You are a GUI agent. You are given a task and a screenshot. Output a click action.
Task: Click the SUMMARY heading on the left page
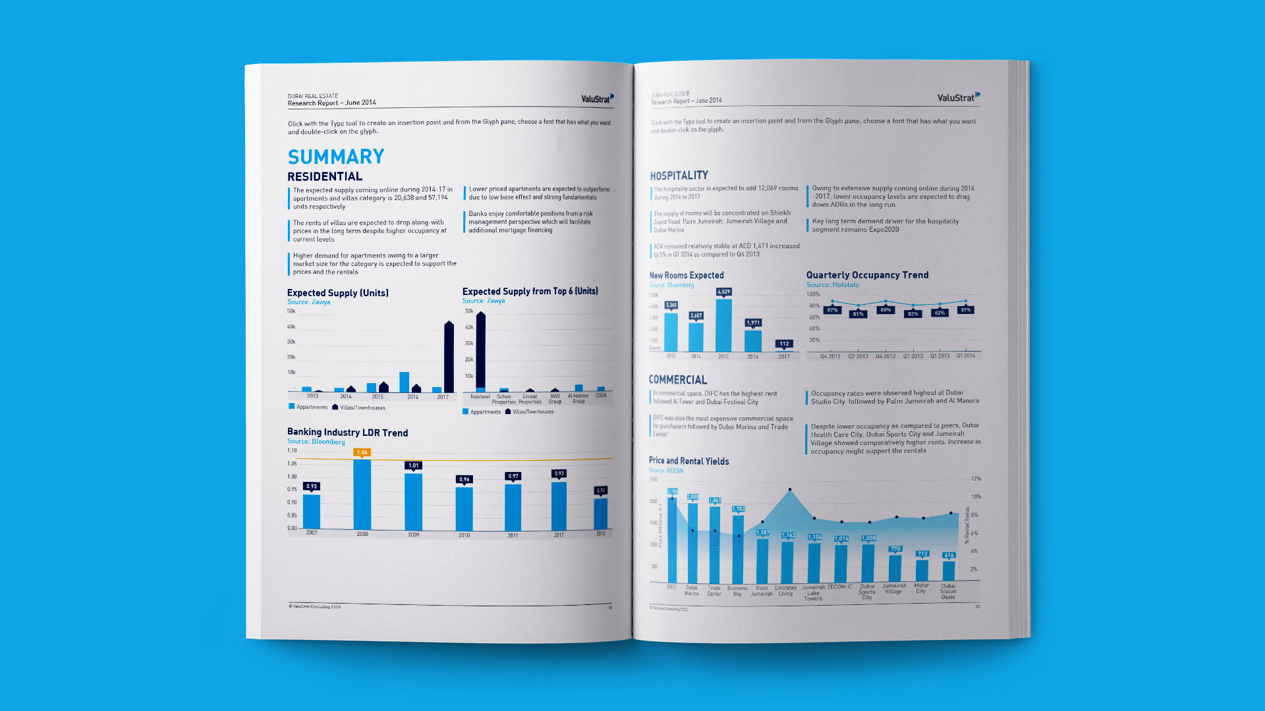click(336, 157)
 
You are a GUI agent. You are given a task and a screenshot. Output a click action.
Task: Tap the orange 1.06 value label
click(362, 452)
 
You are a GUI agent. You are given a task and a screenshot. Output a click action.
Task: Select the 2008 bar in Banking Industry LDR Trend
click(362, 494)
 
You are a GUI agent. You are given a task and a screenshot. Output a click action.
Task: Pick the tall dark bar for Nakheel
click(480, 352)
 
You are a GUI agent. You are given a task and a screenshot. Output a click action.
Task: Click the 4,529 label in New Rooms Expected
click(723, 292)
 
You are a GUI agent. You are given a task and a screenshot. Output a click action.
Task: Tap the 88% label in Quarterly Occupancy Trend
click(885, 310)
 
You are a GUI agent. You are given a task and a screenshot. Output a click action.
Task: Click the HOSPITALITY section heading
click(679, 176)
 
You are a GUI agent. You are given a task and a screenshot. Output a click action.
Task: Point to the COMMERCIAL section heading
click(677, 380)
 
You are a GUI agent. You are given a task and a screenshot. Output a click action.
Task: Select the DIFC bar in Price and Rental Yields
click(672, 540)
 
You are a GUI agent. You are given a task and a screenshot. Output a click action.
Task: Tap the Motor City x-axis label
click(921, 588)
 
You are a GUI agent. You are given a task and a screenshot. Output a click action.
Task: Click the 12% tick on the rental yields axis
click(976, 479)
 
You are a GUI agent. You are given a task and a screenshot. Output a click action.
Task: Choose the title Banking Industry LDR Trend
click(347, 433)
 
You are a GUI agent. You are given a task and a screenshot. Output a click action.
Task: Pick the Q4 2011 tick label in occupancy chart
click(830, 356)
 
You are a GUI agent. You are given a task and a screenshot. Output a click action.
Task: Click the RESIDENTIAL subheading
click(325, 176)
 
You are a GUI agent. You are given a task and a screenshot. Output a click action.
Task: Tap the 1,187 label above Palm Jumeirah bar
click(762, 533)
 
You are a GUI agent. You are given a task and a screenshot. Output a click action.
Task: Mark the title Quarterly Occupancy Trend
click(867, 275)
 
